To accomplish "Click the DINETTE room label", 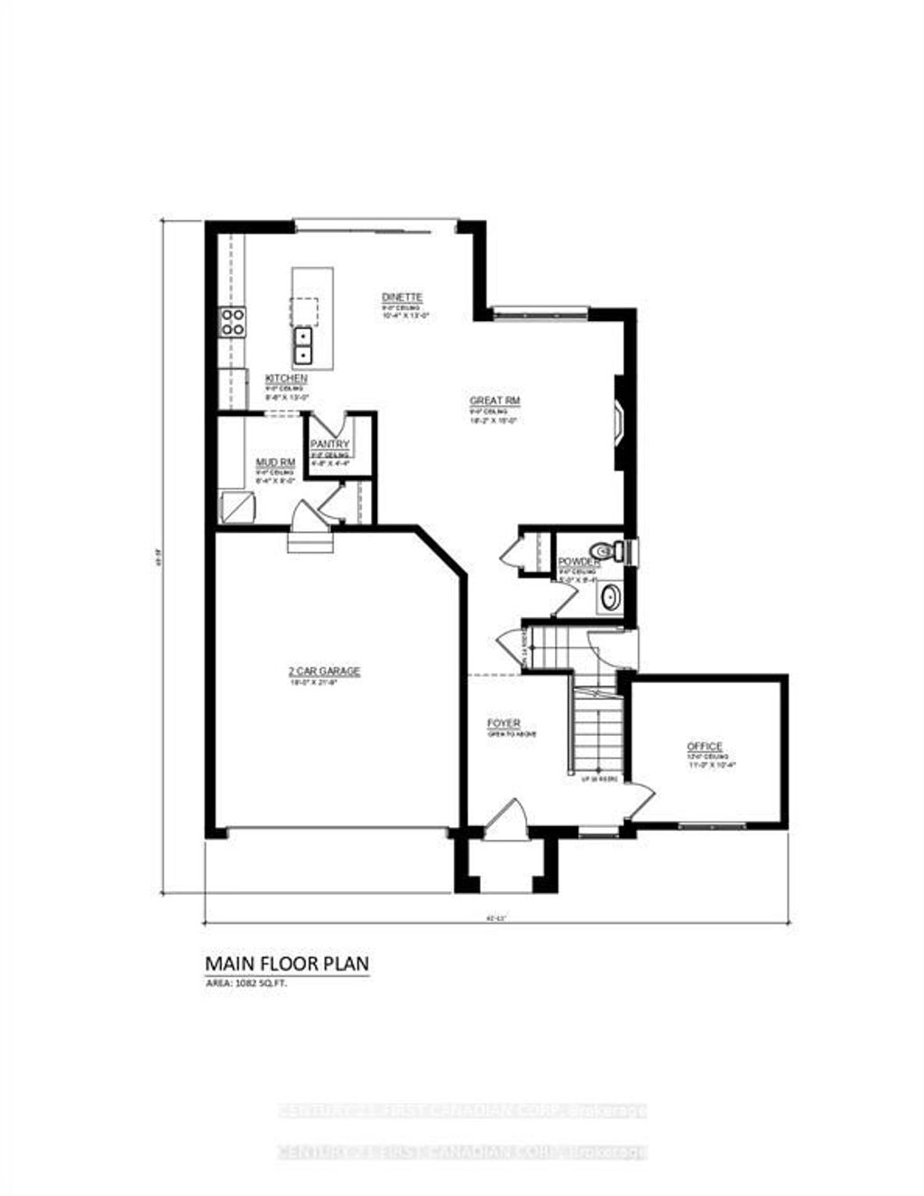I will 402,298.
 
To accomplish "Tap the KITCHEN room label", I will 286,378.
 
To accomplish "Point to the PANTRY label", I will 329,445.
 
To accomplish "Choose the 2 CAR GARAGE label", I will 324,671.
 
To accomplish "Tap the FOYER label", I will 504,724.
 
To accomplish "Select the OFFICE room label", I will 704,747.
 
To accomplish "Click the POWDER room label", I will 578,562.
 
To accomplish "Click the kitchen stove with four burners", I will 233,322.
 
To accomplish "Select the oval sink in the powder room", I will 612,597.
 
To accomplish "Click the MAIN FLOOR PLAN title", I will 287,964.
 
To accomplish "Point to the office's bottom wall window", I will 707,825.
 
